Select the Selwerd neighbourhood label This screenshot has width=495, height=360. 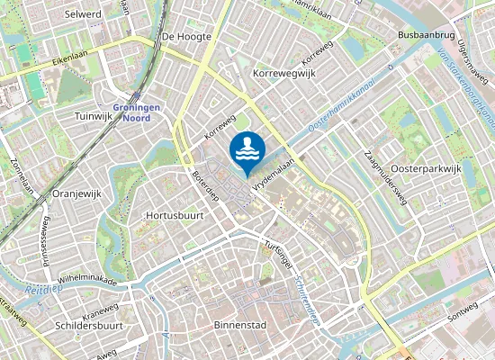coord(84,14)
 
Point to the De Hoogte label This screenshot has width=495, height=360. coord(186,37)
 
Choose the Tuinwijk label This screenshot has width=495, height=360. coord(93,117)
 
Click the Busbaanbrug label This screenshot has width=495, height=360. coord(424,34)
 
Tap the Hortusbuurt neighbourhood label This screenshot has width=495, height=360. coord(172,216)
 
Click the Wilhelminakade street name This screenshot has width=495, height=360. coord(87,280)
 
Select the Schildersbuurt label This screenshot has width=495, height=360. coord(89,325)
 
